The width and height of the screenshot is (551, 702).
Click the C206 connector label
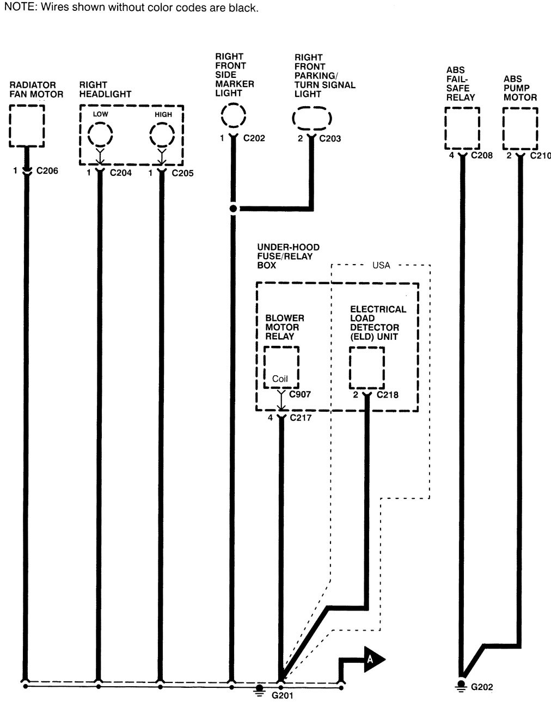pyautogui.click(x=47, y=171)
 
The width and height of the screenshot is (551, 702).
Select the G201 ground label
pyautogui.click(x=283, y=695)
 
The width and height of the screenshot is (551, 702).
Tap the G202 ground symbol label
pyautogui.click(x=481, y=687)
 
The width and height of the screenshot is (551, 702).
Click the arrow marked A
pyautogui.click(x=374, y=659)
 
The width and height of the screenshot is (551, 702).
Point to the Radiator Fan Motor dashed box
pyautogui.click(x=27, y=125)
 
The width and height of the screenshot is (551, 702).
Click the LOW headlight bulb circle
pyautogui.click(x=100, y=135)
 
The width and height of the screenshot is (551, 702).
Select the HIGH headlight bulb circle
pyautogui.click(x=162, y=135)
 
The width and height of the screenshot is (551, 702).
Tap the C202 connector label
pyautogui.click(x=254, y=138)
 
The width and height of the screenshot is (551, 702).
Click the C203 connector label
pyautogui.click(x=330, y=138)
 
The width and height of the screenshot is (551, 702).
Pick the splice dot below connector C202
pyautogui.click(x=233, y=209)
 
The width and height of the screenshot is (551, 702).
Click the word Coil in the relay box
pyautogui.click(x=280, y=379)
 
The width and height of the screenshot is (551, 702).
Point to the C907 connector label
pyautogui.click(x=300, y=394)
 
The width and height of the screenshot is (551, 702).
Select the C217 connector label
pyautogui.click(x=301, y=418)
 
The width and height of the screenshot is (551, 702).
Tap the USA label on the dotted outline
pyautogui.click(x=381, y=265)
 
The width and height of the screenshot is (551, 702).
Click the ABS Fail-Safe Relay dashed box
pyautogui.click(x=462, y=128)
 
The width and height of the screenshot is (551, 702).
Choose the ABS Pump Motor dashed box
pyautogui.click(x=520, y=128)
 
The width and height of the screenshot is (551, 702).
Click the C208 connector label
pyautogui.click(x=481, y=156)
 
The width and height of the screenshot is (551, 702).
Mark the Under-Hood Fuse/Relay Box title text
pyautogui.click(x=288, y=256)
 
